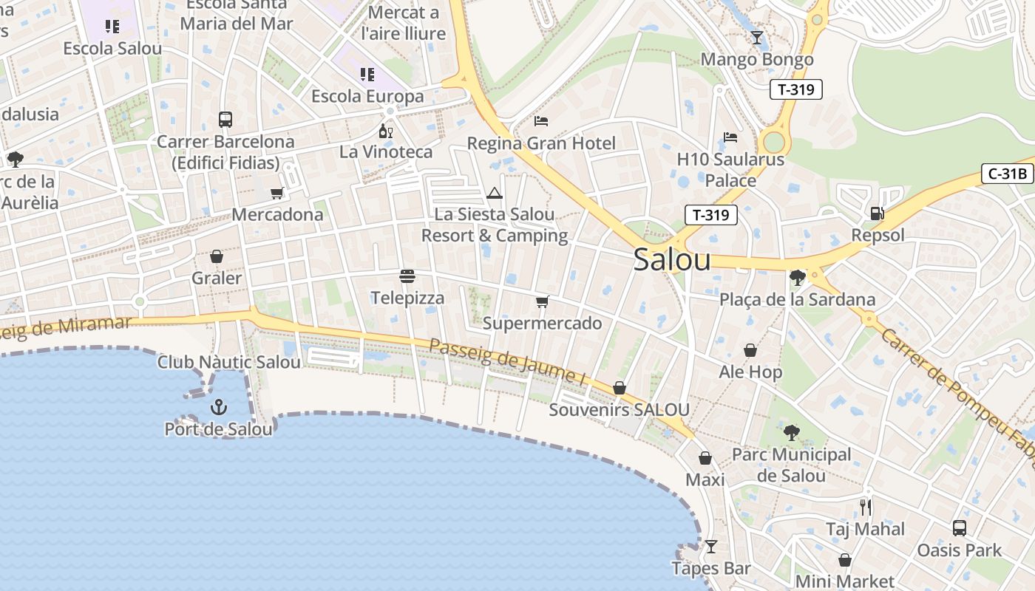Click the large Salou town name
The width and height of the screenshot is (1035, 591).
pyautogui.click(x=672, y=259)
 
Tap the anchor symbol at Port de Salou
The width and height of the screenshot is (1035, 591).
pyautogui.click(x=218, y=407)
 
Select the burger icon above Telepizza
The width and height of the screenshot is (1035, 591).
pyautogui.click(x=407, y=276)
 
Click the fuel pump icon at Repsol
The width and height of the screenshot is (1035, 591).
pyautogui.click(x=877, y=213)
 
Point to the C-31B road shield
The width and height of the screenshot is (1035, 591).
pyautogui.click(x=1007, y=174)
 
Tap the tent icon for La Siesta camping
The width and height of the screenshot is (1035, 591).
pyautogui.click(x=495, y=194)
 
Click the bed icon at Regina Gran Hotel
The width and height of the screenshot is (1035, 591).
pyautogui.click(x=541, y=120)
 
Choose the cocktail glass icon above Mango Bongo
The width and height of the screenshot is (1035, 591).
pyautogui.click(x=756, y=37)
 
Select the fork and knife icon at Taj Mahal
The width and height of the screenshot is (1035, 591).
pyautogui.click(x=866, y=507)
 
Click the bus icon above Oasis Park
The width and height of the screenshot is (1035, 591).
pyautogui.click(x=959, y=527)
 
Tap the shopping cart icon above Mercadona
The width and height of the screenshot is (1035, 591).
pyautogui.click(x=277, y=193)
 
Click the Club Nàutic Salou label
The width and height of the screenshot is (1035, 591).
pyautogui.click(x=229, y=362)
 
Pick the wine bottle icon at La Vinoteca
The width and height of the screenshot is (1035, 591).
pyautogui.click(x=385, y=131)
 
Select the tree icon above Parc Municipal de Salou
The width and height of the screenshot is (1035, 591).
pyautogui.click(x=792, y=432)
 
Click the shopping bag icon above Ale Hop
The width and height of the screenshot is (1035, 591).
pyautogui.click(x=750, y=350)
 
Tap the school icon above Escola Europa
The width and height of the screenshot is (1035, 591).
pyautogui.click(x=367, y=74)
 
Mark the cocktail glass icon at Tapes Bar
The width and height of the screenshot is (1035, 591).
pyautogui.click(x=710, y=547)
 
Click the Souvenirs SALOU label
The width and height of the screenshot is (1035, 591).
pyautogui.click(x=619, y=410)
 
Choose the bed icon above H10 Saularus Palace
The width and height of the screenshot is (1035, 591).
pyautogui.click(x=730, y=137)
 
